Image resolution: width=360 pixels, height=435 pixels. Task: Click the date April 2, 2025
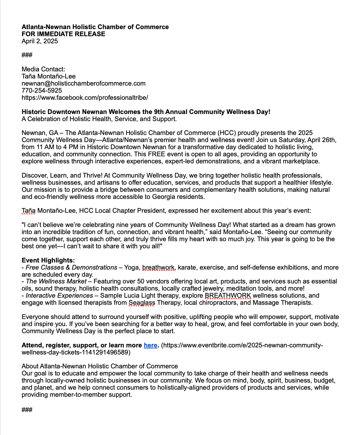(40, 41)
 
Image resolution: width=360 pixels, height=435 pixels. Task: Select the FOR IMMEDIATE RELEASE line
(63, 34)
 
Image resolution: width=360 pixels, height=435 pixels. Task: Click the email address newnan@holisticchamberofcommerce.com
(83, 84)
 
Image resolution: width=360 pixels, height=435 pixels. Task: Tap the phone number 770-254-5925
(42, 91)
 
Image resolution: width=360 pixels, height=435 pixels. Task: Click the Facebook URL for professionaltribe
(85, 98)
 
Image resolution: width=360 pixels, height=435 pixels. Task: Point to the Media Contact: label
(43, 69)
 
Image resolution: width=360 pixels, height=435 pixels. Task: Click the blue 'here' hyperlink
(150, 345)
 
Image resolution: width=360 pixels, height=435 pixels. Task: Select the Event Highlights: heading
(48, 260)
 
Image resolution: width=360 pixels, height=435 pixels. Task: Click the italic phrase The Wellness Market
(56, 281)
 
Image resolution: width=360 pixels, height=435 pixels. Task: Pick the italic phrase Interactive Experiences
(59, 296)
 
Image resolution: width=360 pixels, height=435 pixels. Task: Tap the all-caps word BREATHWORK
(228, 296)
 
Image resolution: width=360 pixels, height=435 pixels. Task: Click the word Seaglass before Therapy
(142, 303)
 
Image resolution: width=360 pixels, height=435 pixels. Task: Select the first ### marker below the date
(27, 55)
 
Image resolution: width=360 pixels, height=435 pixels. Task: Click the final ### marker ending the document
(27, 410)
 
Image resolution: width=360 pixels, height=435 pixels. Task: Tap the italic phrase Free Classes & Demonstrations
(71, 268)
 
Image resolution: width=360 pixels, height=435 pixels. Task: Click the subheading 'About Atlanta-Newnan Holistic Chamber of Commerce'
(99, 366)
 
